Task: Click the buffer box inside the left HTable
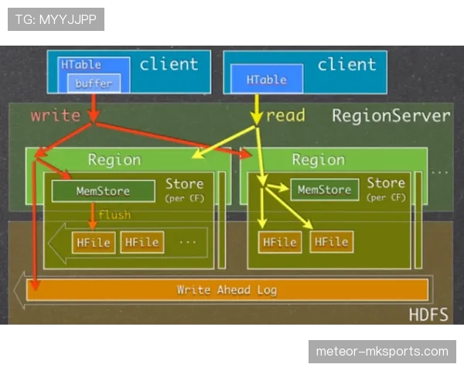coord(94,83)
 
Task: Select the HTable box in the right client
coord(266,80)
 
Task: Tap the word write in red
coord(55,116)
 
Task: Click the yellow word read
coord(285,116)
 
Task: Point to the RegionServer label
coord(391,116)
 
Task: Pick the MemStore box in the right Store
coord(324,189)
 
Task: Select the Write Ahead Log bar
coord(227,290)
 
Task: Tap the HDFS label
coord(428,315)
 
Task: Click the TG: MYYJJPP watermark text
coord(55,19)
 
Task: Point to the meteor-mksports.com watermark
coord(381,352)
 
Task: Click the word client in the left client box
coord(169,64)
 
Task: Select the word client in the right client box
coord(346,64)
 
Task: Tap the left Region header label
coord(114,160)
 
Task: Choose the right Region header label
coord(318,160)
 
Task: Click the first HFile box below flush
coord(94,242)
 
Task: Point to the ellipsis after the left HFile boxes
coord(188,241)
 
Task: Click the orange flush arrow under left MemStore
coord(92,216)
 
